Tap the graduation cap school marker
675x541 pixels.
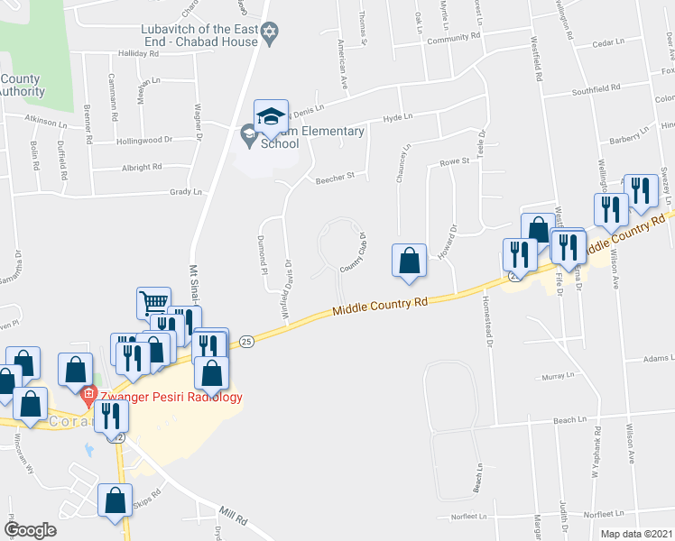point(271,115)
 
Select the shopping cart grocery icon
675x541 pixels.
point(153,303)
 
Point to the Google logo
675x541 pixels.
point(30,530)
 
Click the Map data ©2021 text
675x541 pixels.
point(636,534)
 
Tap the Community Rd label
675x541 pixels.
point(453,38)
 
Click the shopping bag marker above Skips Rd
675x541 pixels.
point(116,503)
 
